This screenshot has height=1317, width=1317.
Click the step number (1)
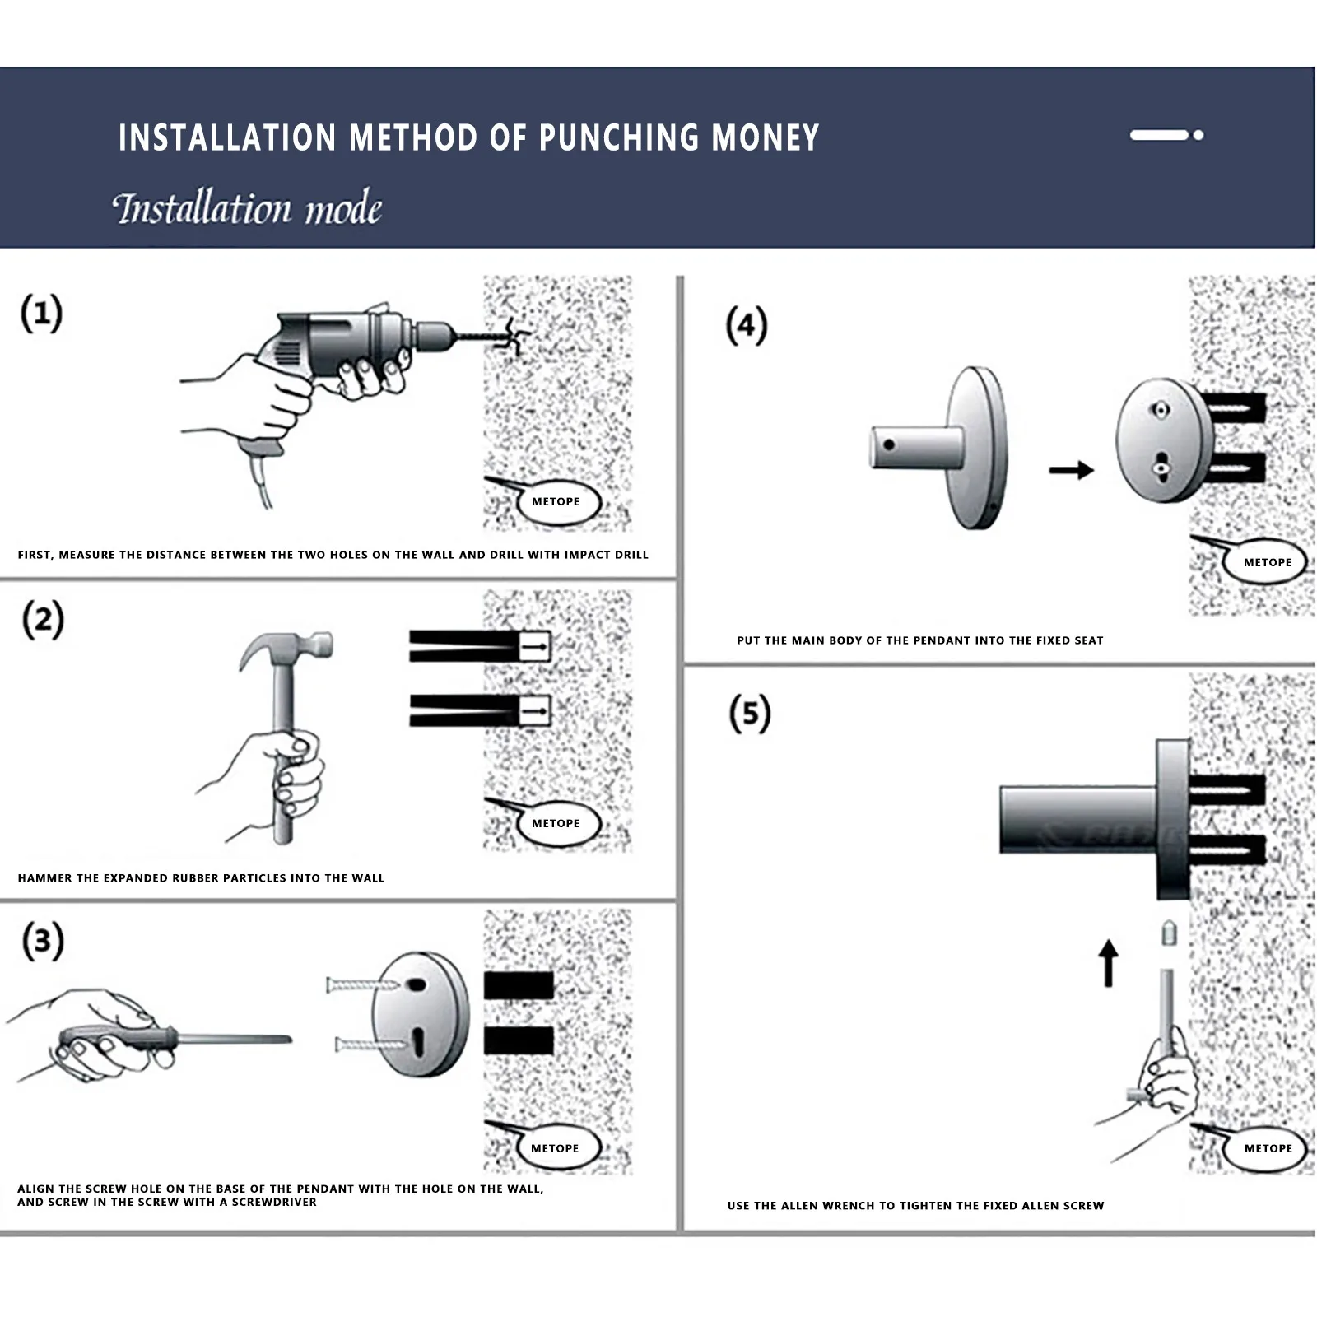[x=41, y=314]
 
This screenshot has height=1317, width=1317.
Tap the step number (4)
[x=746, y=325]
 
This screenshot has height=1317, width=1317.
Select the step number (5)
[x=749, y=713]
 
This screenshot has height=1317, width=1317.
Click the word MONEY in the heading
[x=765, y=137]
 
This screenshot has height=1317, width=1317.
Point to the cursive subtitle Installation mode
[x=247, y=208]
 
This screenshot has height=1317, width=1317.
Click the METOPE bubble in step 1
[x=556, y=501]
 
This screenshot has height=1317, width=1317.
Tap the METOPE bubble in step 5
[x=1268, y=1148]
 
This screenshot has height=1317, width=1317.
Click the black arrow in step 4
[x=1071, y=470]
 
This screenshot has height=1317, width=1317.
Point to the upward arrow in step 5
[x=1109, y=962]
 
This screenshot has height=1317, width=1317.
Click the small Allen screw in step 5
[x=1168, y=933]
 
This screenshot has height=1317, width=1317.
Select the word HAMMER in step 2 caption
[x=44, y=878]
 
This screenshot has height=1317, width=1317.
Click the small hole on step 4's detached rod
[x=889, y=445]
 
